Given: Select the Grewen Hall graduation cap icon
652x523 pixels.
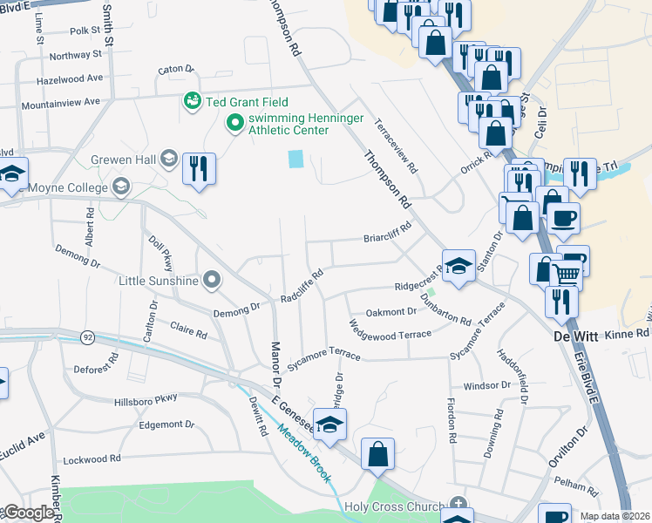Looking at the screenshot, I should click(x=169, y=159).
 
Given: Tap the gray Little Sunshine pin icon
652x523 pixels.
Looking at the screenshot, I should click(x=211, y=280).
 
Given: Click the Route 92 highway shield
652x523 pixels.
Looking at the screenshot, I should click(x=87, y=336).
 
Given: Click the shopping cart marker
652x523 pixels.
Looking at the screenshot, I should click(x=567, y=275).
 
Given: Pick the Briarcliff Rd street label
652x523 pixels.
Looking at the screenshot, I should click(x=386, y=236).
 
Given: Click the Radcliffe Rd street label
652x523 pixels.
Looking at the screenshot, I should click(x=302, y=285).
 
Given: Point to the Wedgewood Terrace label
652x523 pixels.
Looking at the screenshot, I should click(x=390, y=330).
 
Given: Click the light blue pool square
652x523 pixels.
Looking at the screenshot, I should click(x=296, y=160).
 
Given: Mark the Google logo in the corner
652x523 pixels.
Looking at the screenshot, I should click(x=28, y=513).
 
